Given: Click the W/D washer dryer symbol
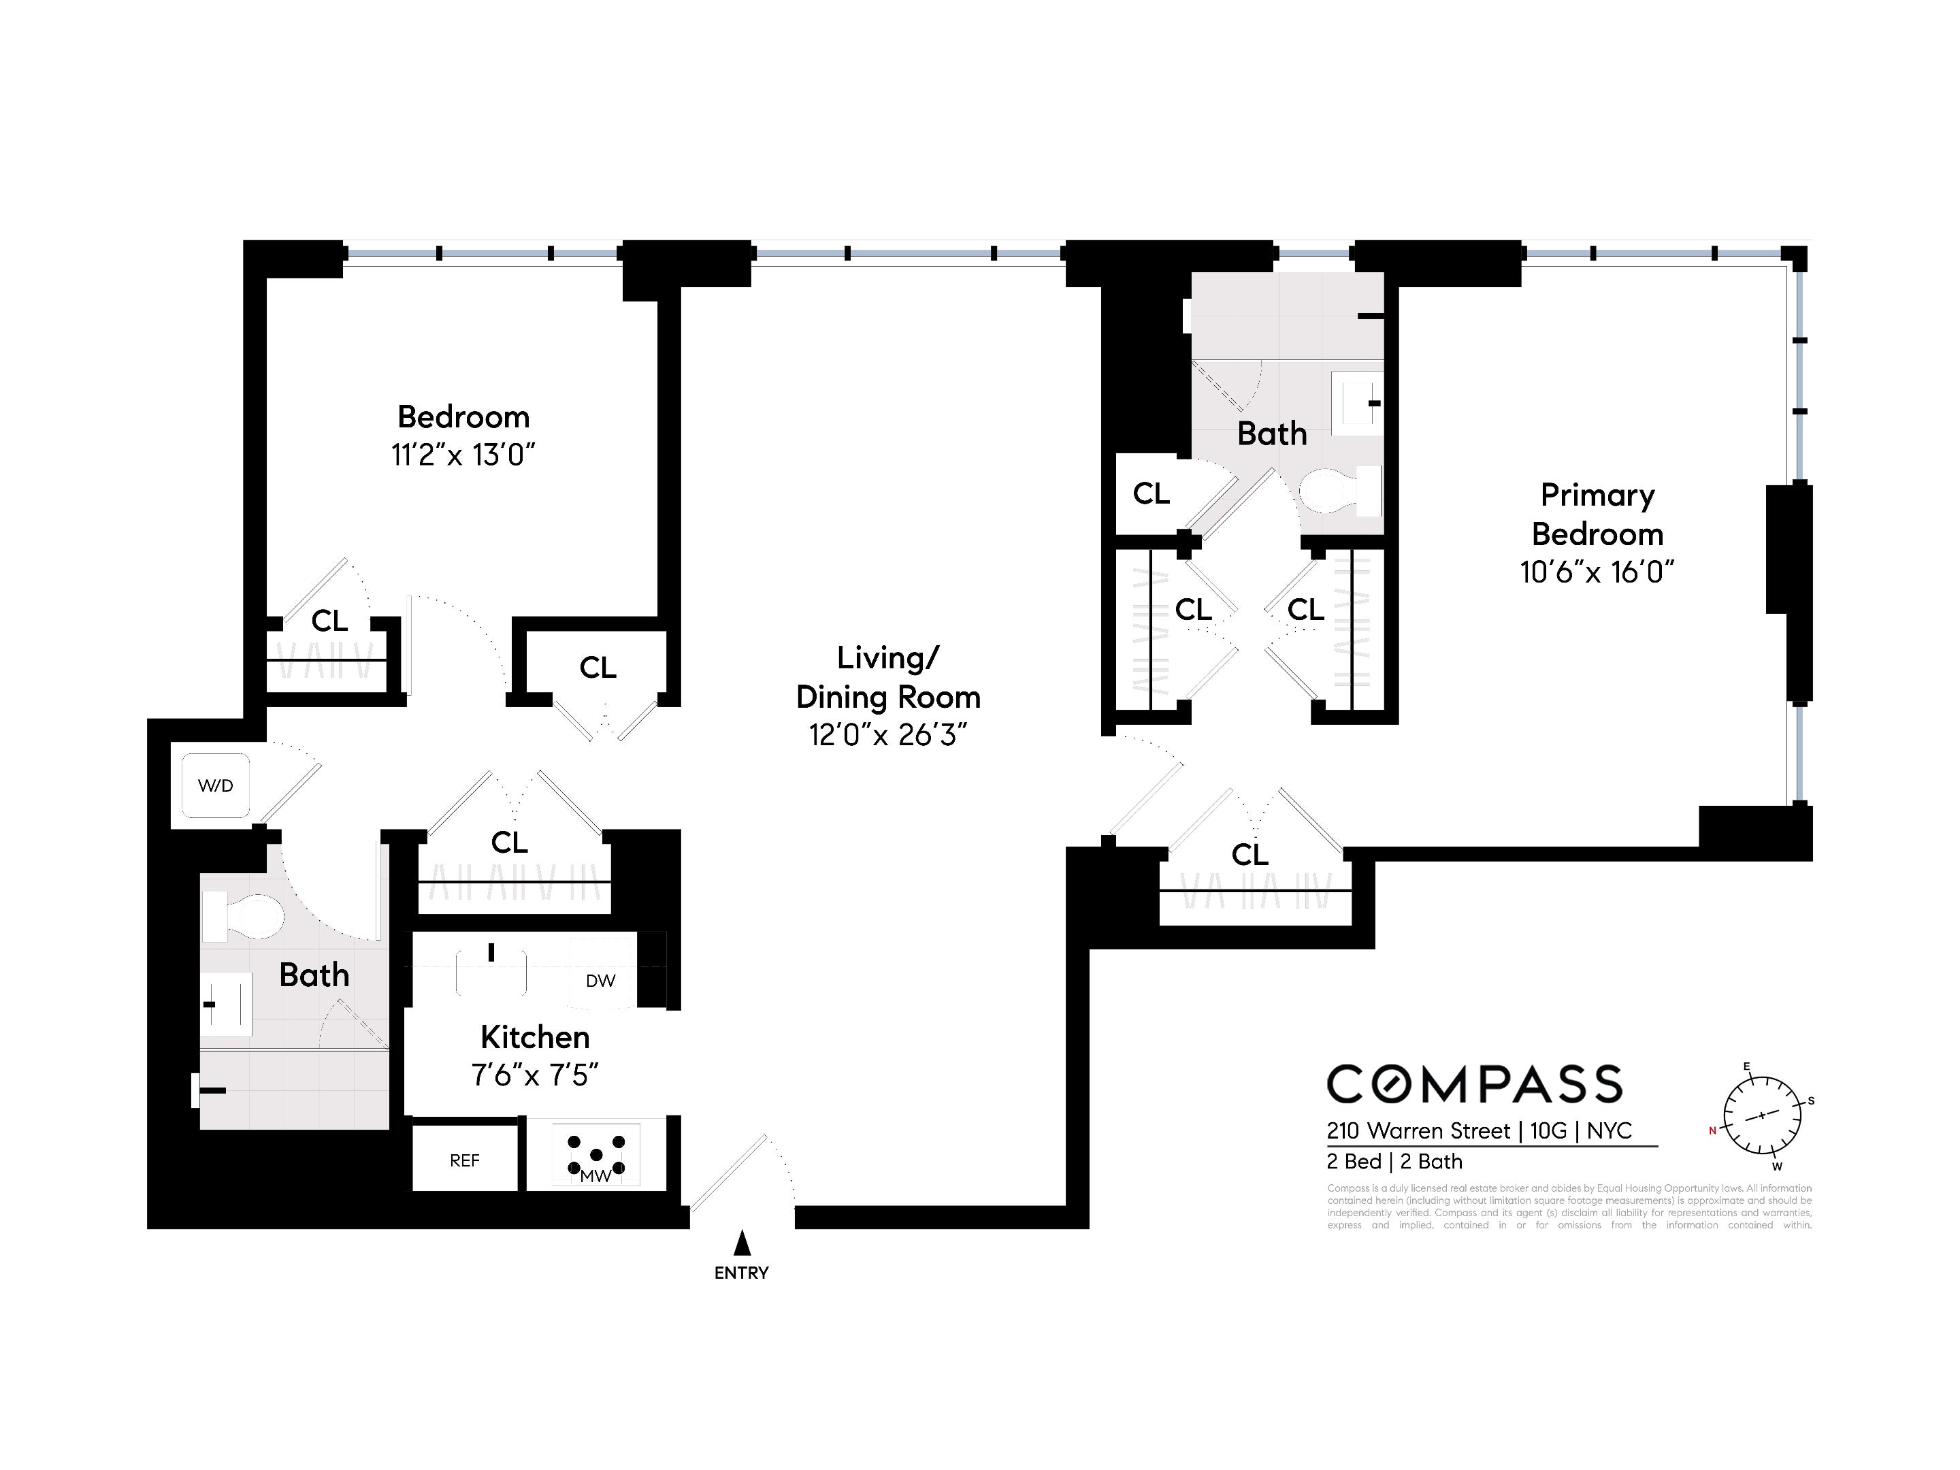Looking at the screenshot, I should tap(215, 786).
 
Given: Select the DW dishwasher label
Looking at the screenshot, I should tap(600, 981).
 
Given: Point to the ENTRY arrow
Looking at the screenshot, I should tap(742, 1243).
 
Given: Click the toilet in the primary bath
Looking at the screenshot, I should tap(1339, 491).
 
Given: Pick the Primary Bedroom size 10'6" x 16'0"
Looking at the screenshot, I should tap(1597, 572).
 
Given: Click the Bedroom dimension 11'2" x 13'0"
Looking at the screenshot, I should tap(463, 455).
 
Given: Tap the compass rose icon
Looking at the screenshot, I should tap(1761, 1115).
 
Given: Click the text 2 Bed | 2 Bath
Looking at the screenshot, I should tap(1394, 1162).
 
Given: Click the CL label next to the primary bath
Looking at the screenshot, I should tap(1151, 493).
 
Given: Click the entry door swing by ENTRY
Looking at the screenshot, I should tap(742, 1174).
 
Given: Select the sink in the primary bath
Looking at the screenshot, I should tap(1358, 403).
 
